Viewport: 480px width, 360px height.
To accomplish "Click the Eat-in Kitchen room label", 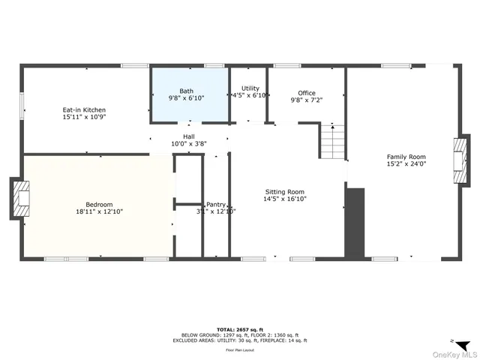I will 84,110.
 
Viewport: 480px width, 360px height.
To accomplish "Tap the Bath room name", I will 186,91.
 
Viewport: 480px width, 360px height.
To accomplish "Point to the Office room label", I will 307,93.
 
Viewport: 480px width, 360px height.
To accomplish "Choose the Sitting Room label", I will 284,191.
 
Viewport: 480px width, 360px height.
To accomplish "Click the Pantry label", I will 217,204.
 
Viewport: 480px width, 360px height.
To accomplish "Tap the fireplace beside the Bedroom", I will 19,199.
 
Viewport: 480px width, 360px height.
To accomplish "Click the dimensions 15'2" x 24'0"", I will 406,163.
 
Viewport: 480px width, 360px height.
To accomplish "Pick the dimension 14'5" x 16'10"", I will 284,199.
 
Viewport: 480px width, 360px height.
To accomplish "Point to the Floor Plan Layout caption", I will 241,350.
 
